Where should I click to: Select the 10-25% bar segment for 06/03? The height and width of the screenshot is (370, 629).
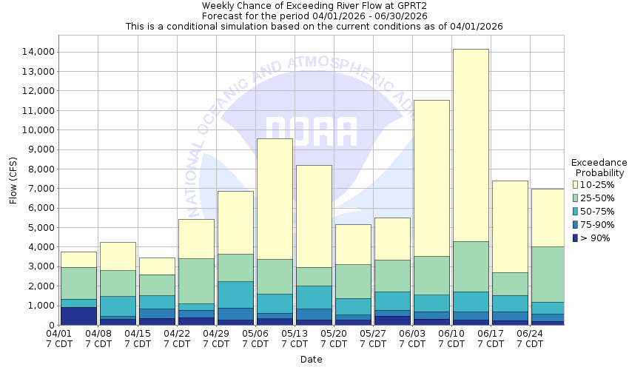(431, 178)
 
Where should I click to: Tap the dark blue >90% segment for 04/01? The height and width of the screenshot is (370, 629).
(78, 316)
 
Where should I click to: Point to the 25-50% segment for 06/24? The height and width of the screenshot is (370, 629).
(548, 274)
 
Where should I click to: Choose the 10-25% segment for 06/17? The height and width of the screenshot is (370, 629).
(510, 226)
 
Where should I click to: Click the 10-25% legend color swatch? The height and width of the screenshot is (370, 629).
(576, 184)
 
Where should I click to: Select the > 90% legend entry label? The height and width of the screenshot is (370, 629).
(596, 238)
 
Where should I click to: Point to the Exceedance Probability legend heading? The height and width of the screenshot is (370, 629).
(599, 167)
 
